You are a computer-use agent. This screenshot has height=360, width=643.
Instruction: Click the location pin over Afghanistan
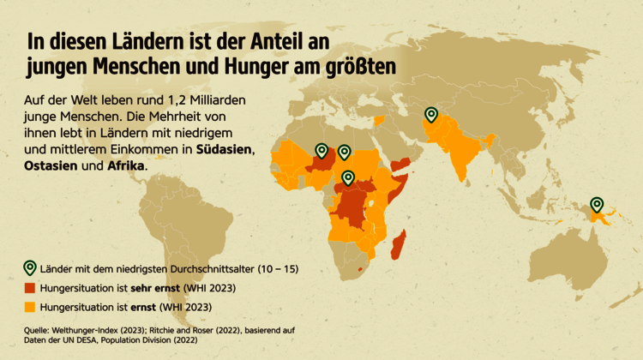point(431,115)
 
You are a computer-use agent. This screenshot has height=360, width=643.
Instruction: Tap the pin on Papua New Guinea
point(597,205)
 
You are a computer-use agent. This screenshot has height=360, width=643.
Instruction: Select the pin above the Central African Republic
point(348,178)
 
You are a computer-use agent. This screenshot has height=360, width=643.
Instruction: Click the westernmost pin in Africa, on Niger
point(321,151)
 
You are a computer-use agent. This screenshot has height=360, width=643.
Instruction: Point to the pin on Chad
point(344,153)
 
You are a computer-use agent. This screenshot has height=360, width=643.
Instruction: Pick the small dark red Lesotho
point(367,268)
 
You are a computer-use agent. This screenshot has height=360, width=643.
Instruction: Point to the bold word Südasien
point(224,150)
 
